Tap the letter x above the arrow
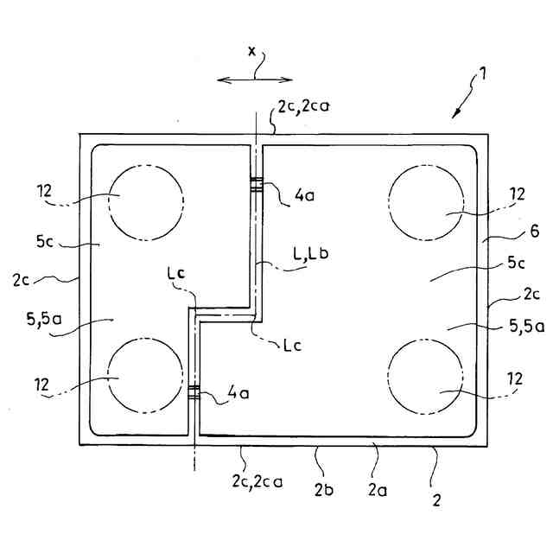(252, 51)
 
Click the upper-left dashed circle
(145, 200)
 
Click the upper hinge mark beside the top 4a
(256, 182)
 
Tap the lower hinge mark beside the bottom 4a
(194, 392)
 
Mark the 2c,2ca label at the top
(302, 108)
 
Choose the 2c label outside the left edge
(23, 281)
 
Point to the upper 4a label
(303, 196)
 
